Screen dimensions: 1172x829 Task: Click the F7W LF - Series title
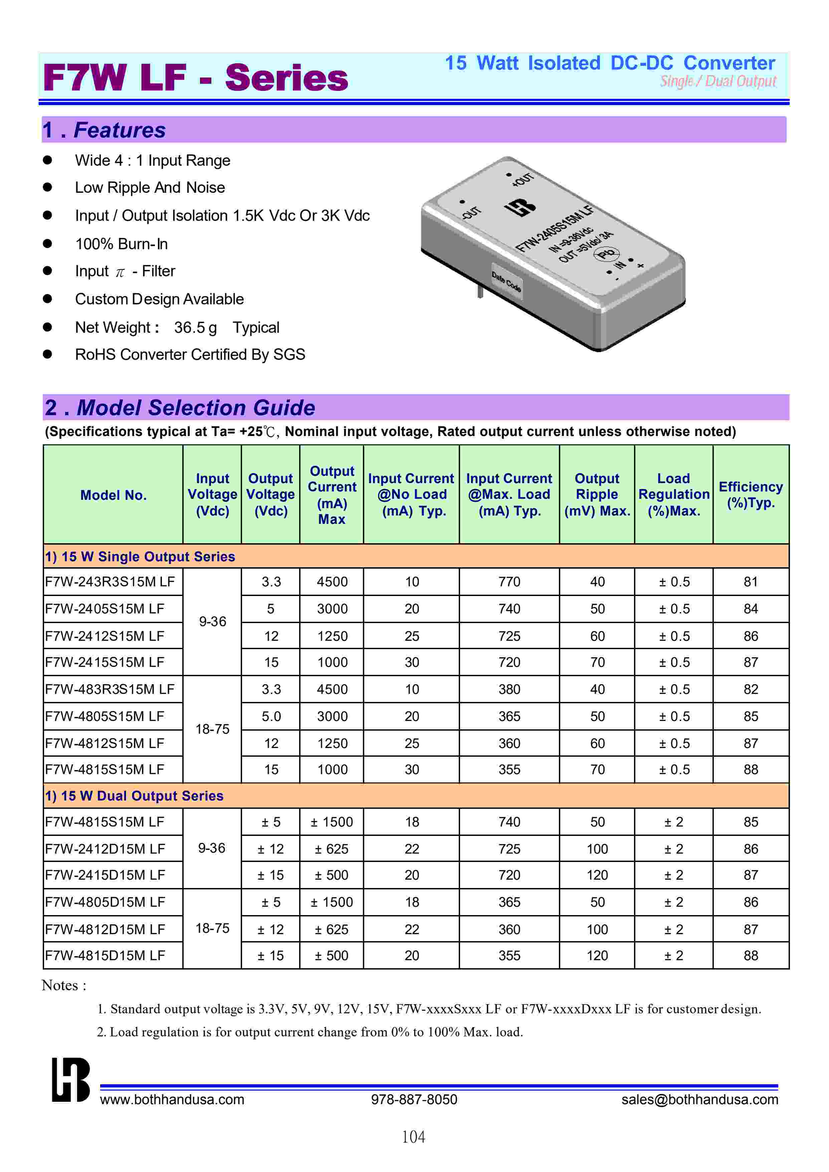196,78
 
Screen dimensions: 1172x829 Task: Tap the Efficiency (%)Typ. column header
751,494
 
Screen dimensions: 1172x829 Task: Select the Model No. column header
113,495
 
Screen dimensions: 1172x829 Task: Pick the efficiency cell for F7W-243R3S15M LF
751,582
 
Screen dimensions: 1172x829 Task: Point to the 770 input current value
509,582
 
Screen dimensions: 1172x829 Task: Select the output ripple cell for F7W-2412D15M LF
597,849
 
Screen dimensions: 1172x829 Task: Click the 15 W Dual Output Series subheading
134,795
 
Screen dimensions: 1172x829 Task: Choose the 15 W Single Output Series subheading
140,557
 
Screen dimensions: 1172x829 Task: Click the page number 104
413,1137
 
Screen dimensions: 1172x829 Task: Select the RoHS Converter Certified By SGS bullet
190,354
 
